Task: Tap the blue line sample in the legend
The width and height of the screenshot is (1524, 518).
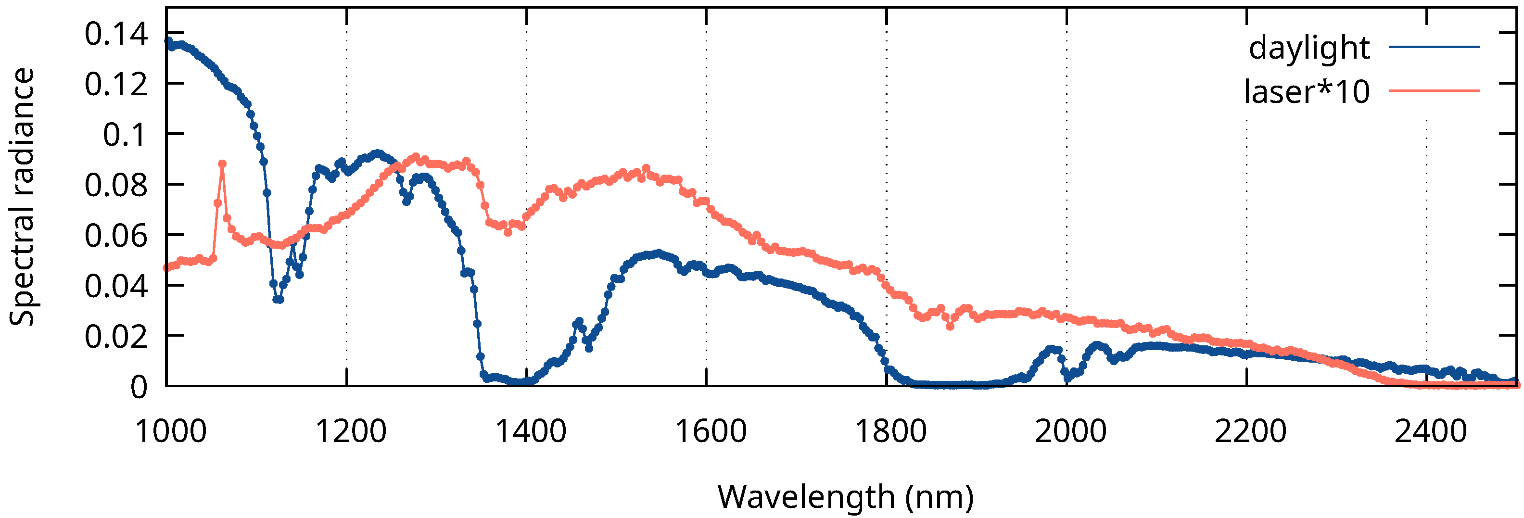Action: pos(1434,46)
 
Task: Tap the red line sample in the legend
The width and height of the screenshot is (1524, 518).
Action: pos(1434,90)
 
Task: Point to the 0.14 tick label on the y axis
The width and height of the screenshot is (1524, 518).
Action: pos(116,34)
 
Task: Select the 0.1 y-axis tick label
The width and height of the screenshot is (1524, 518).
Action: pos(125,135)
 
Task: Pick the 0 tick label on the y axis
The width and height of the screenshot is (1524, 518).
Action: pos(139,387)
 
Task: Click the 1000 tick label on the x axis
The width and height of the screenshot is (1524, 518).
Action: pos(171,431)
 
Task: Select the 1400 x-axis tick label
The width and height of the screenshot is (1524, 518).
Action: pos(531,431)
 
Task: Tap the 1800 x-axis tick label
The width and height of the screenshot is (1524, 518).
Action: pos(891,431)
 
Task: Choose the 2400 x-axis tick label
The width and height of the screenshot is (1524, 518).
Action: pos(1431,431)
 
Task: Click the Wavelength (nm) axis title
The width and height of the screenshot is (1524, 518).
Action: pos(845,496)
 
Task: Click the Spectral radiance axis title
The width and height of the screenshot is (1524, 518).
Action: pos(23,197)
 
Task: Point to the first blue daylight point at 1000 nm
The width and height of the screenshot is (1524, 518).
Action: pos(168,41)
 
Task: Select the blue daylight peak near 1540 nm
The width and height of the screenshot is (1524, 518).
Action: pos(659,253)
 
